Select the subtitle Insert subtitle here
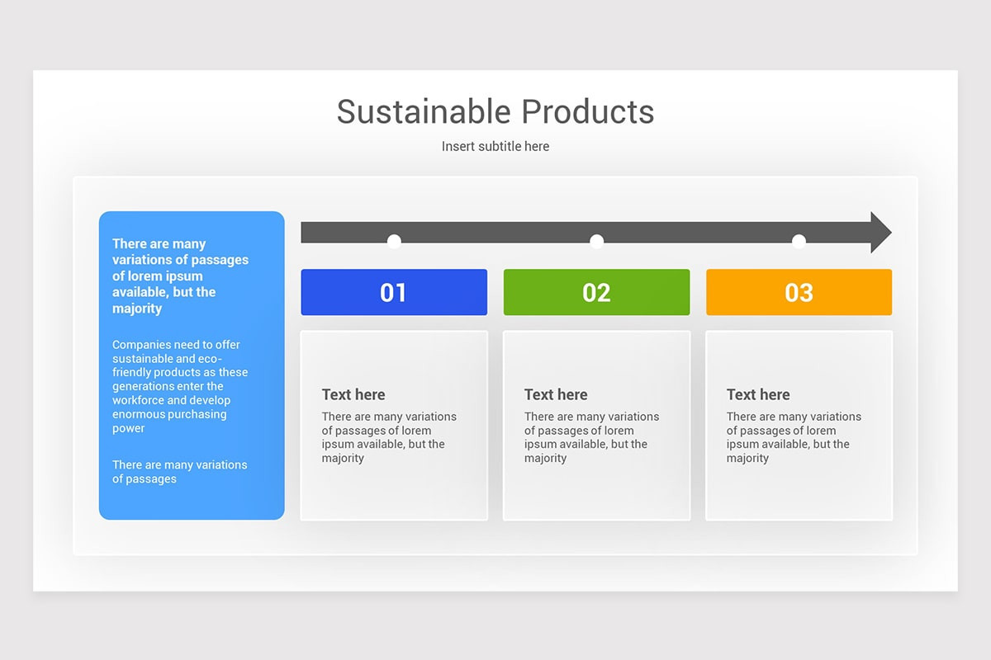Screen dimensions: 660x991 point(495,146)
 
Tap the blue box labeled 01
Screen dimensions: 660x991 point(394,292)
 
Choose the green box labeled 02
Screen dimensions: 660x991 point(596,292)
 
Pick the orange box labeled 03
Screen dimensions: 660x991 point(799,292)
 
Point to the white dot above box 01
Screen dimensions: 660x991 point(394,241)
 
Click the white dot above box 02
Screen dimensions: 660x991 point(596,241)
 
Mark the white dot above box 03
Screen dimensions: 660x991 point(799,241)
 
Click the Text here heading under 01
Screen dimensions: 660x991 point(353,394)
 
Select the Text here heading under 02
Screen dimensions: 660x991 point(556,394)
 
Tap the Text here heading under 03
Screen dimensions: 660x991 point(758,394)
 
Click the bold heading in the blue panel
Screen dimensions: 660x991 point(180,276)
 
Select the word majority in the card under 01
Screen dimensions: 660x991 point(343,458)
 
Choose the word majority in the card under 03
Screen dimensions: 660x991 point(747,458)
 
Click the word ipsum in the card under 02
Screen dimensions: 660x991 point(540,444)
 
